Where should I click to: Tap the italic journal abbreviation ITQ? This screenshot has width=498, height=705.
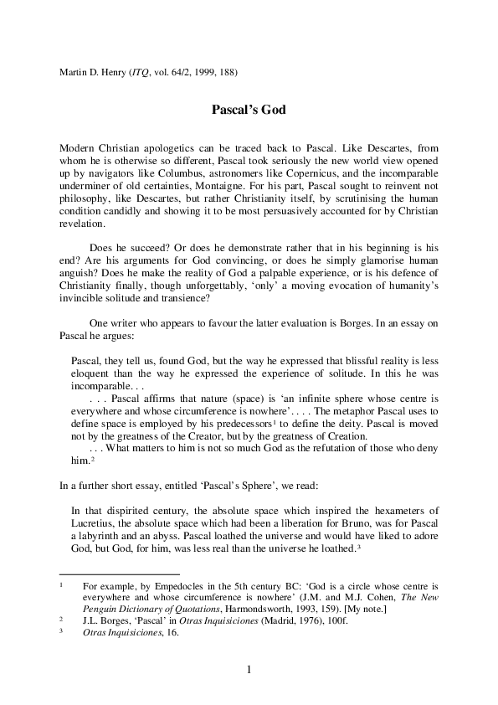[x=141, y=72]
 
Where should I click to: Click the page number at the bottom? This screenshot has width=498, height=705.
[x=249, y=670]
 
